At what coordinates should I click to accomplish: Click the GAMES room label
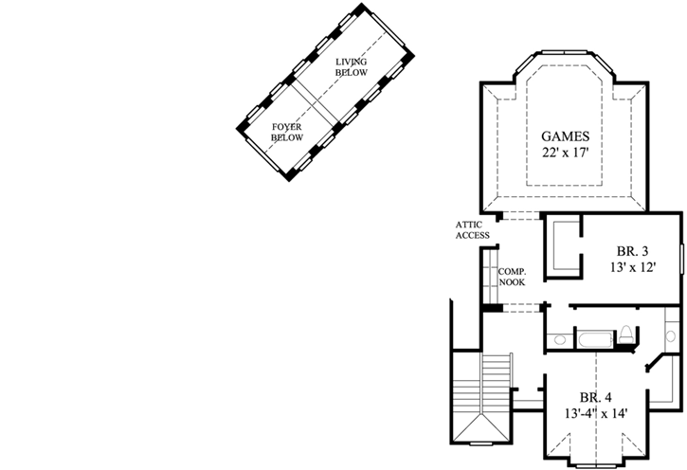[x=566, y=135]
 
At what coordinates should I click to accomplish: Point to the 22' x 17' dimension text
[x=566, y=152]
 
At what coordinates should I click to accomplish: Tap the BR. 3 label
[x=632, y=251]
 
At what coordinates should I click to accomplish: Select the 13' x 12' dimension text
[x=632, y=267]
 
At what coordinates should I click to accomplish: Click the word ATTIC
[x=469, y=225]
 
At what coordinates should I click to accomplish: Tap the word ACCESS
[x=472, y=235]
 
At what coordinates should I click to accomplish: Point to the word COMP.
[x=512, y=272]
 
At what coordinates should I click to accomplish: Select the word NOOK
[x=512, y=282]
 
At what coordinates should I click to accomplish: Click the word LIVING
[x=351, y=63]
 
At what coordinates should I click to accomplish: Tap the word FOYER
[x=286, y=127]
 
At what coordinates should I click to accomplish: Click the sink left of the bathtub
[x=559, y=338]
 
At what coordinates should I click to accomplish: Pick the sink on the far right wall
[x=671, y=336]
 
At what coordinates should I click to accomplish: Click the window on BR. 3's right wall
[x=682, y=257]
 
